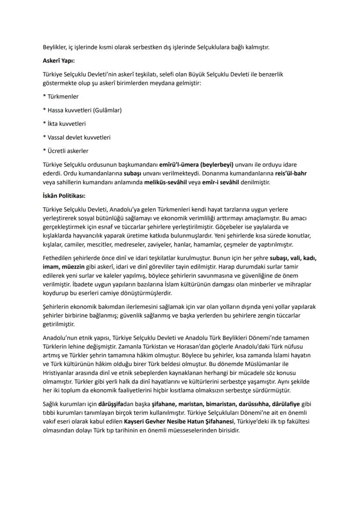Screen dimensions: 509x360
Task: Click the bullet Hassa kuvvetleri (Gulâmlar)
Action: (x=82, y=110)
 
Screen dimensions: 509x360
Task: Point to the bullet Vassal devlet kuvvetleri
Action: (x=76, y=137)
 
